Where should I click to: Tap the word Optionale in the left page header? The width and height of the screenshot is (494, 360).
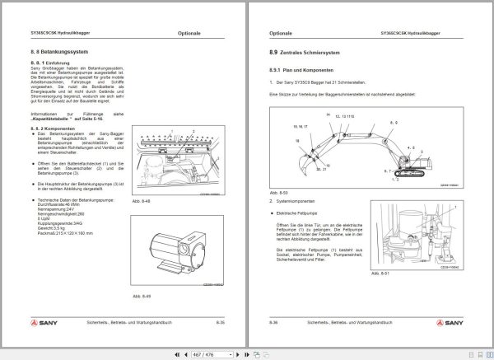tap(189, 34)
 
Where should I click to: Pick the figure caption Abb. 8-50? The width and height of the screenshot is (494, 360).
tap(277, 191)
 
